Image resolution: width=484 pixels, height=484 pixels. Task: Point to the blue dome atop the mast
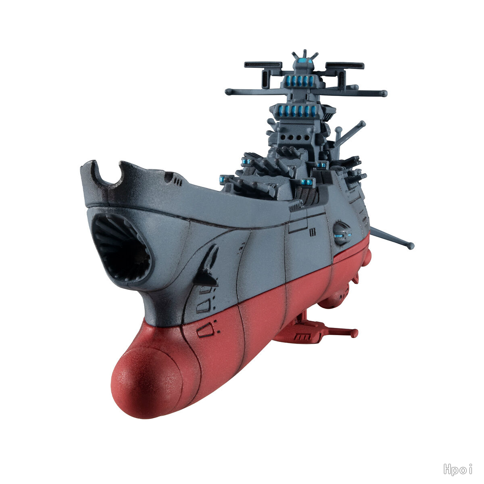305,60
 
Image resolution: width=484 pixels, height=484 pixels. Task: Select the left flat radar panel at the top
263,65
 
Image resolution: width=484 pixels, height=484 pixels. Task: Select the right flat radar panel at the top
345,66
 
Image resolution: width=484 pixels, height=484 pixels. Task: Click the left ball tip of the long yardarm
228,92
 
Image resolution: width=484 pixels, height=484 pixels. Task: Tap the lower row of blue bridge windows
297,111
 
